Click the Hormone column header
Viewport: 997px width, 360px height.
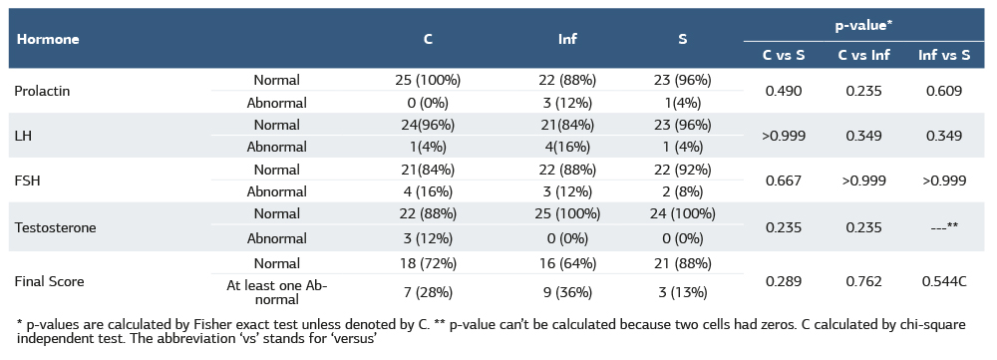click(47, 40)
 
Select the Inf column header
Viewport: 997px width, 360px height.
click(567, 40)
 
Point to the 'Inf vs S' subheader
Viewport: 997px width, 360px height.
click(943, 55)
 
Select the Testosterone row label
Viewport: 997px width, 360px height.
click(55, 227)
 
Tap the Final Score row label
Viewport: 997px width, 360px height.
click(50, 281)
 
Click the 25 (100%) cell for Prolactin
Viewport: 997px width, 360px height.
click(427, 80)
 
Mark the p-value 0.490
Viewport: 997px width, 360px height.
click(783, 91)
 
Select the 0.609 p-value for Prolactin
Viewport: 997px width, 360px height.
click(943, 91)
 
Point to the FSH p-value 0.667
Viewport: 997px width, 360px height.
click(783, 181)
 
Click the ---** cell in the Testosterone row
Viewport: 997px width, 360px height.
click(943, 227)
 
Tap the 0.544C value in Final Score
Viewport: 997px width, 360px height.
click(943, 281)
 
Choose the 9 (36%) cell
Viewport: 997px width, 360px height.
click(567, 293)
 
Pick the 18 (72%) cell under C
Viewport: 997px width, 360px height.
click(427, 264)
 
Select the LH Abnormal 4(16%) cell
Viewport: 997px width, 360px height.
click(567, 148)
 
